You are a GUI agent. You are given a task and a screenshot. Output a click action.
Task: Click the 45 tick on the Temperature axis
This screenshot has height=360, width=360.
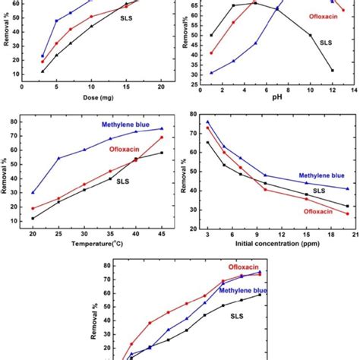(x=161, y=236)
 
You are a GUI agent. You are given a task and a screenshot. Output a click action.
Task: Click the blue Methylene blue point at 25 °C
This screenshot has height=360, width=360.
(x=58, y=158)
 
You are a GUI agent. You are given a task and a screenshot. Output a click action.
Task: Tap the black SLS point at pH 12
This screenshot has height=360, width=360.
(x=332, y=71)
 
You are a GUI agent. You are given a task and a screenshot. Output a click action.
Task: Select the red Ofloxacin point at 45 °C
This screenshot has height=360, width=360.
(x=161, y=137)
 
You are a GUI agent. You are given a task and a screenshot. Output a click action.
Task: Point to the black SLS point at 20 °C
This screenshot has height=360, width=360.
(x=33, y=219)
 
